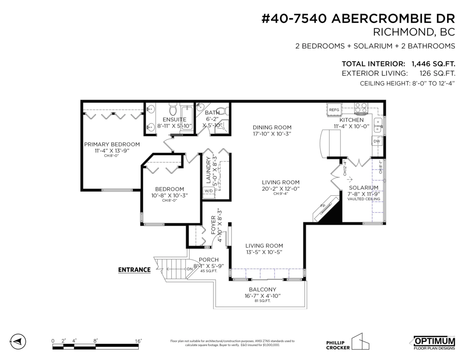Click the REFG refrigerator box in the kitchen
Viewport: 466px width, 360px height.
click(334, 110)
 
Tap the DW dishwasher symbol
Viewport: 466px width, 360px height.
click(377, 141)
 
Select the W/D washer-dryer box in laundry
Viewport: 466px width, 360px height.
click(209, 191)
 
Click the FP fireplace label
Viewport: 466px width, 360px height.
click(323, 206)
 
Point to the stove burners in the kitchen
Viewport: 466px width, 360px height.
click(361, 108)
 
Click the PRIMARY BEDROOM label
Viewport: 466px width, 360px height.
click(112, 144)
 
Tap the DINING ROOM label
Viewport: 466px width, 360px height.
click(272, 127)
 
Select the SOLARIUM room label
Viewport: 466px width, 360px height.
click(363, 188)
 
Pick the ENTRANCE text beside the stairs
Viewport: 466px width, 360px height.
click(134, 270)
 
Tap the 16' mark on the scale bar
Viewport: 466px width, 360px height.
click(138, 341)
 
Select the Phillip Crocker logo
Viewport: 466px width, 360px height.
click(347, 342)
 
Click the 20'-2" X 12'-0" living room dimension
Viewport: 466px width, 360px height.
click(280, 189)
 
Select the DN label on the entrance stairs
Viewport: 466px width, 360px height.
click(190, 269)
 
